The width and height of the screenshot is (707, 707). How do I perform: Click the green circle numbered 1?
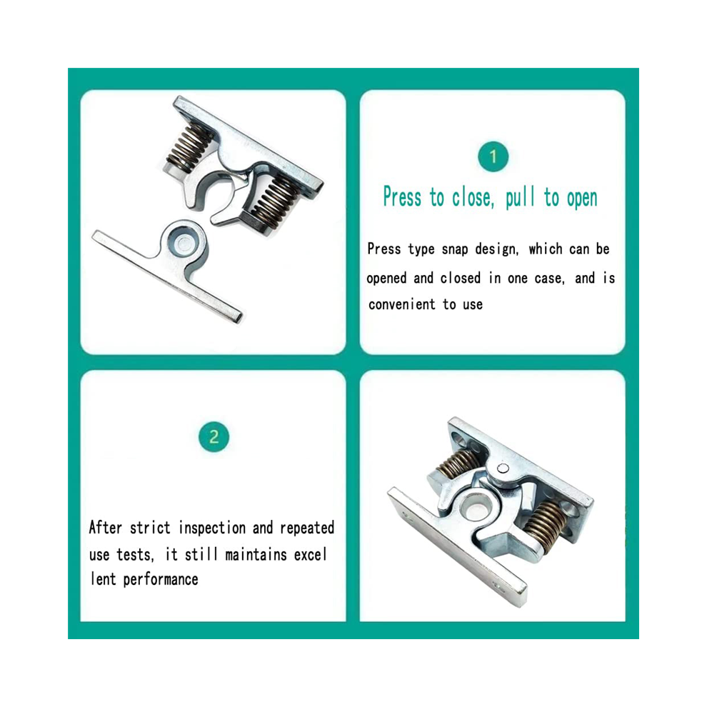[x=493, y=156]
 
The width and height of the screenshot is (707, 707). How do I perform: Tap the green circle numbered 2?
[x=214, y=436]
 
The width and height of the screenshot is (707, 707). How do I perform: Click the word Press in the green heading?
[x=402, y=197]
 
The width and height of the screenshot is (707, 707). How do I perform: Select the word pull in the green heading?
[x=520, y=198]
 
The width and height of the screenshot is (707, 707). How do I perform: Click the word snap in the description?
[x=454, y=249]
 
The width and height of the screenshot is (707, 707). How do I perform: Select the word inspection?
[x=212, y=528]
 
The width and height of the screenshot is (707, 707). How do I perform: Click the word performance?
[x=161, y=580]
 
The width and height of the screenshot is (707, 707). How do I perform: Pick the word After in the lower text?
[x=105, y=527]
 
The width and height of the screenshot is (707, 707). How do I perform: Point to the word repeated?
[x=307, y=528]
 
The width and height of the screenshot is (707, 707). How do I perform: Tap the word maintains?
[x=256, y=555]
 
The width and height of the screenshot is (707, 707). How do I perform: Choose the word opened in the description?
[x=386, y=279]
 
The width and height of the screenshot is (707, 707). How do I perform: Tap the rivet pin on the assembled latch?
[x=503, y=468]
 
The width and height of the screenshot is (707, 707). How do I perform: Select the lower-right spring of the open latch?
[x=273, y=200]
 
